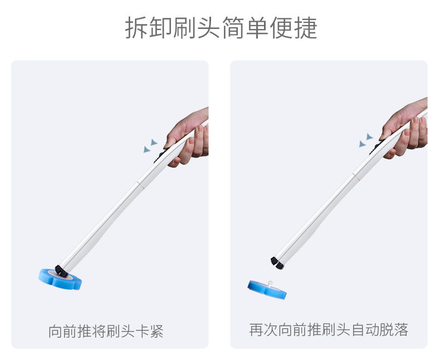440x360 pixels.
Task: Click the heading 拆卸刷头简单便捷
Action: pos(221,28)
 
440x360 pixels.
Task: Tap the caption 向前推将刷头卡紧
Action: pos(106,331)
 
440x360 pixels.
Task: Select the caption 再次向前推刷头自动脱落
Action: pos(329,329)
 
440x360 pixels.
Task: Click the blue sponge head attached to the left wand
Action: pos(60,279)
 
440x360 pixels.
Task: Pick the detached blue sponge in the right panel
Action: pos(267,290)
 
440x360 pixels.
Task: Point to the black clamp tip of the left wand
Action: pos(61,271)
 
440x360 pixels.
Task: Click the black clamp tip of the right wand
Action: pos(277,262)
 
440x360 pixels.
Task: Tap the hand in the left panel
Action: pos(189,138)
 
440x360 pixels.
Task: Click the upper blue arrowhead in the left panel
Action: pos(154,142)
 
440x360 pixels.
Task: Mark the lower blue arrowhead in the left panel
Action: pos(146,149)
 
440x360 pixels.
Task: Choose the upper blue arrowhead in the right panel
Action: pos(370,137)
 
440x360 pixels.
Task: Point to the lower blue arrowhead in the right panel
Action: pos(362,144)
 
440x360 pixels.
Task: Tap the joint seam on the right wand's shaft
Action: pos(356,176)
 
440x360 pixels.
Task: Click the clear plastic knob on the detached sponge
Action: pos(270,284)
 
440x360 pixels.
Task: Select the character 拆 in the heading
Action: pos(136,28)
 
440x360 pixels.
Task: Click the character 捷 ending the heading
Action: pos(306,28)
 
